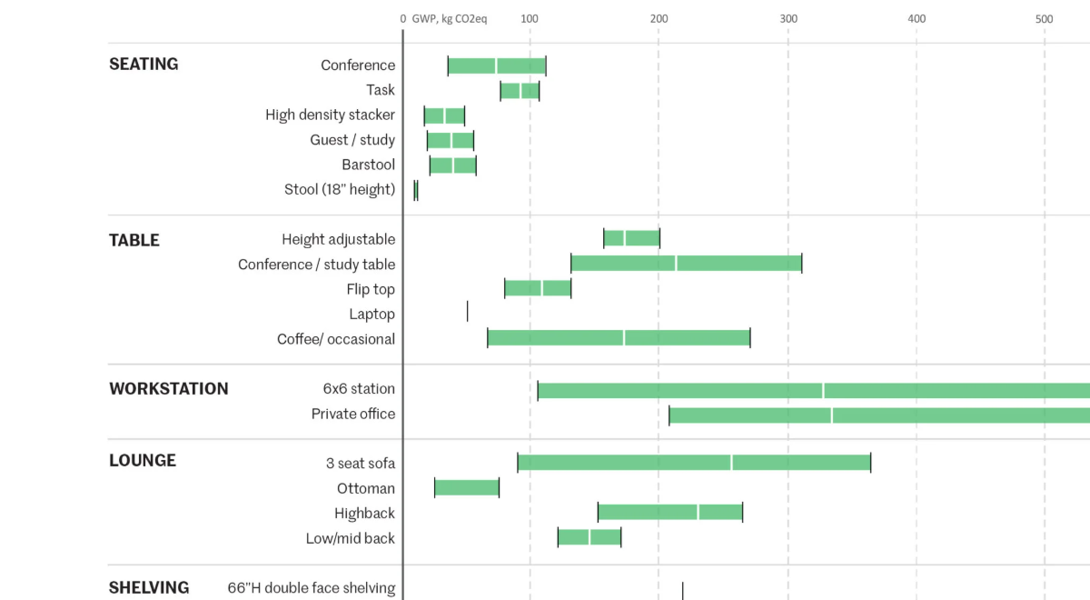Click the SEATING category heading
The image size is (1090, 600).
tap(144, 65)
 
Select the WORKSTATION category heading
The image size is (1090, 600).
tap(169, 389)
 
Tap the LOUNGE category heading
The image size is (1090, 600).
tap(143, 461)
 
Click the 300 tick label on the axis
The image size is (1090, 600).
tap(788, 18)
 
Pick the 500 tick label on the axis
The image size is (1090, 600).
tap(1045, 18)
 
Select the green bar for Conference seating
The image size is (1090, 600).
tap(497, 65)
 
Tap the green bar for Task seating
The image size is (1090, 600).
tap(520, 91)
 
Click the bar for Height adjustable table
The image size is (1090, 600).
tap(631, 238)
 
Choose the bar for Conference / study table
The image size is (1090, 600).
tap(686, 264)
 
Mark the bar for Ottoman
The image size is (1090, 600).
tap(467, 488)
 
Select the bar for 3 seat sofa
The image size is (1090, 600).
tap(694, 463)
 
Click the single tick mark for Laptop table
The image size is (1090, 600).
tap(468, 312)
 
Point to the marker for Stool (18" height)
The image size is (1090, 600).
tap(416, 190)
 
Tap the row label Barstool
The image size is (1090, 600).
tap(368, 165)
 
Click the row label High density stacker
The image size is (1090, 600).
tap(330, 115)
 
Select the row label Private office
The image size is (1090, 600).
tap(352, 414)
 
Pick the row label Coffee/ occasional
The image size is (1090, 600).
tap(336, 339)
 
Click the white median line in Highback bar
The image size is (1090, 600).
tap(698, 512)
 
